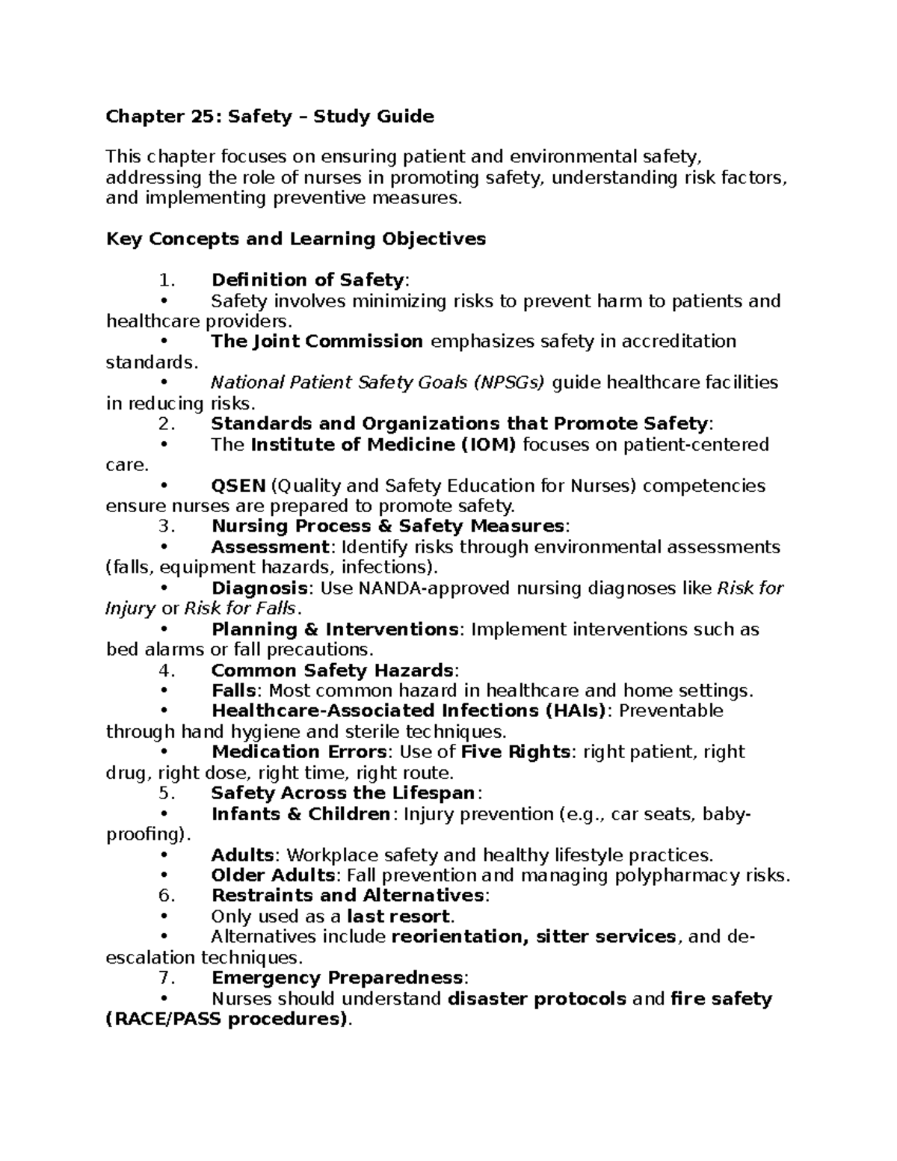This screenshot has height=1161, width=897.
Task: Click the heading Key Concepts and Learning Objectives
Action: click(x=296, y=239)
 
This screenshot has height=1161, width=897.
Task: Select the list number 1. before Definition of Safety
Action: click(x=167, y=280)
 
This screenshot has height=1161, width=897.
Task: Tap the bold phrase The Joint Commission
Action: click(x=317, y=342)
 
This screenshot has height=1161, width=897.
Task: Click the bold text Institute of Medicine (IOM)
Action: click(x=383, y=445)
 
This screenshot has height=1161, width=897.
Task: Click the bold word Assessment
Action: click(x=270, y=547)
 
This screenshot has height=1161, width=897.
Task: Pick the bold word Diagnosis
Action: click(x=259, y=588)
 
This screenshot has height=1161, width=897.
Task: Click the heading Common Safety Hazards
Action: click(x=332, y=671)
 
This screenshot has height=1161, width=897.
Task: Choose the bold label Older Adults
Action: click(x=273, y=875)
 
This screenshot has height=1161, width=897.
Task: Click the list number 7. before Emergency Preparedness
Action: click(x=167, y=978)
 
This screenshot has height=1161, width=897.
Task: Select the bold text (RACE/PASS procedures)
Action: click(x=227, y=1020)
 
